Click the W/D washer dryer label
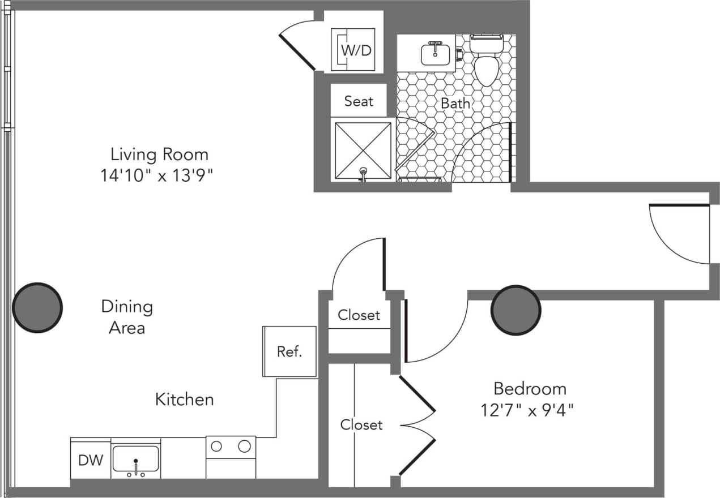[x=356, y=50]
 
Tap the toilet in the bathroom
[x=486, y=62]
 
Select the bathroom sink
[x=435, y=54]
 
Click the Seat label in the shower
[x=359, y=101]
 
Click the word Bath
[x=455, y=104]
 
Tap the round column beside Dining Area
[x=37, y=308]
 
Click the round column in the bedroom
[x=515, y=310]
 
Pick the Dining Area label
[x=127, y=317]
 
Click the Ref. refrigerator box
[x=289, y=351]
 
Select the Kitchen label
[x=185, y=400]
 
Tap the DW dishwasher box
[x=91, y=460]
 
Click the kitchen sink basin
[x=136, y=458]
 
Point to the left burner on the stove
[x=216, y=446]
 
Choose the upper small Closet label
[x=359, y=315]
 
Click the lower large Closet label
[x=361, y=424]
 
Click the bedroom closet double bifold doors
[x=418, y=424]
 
